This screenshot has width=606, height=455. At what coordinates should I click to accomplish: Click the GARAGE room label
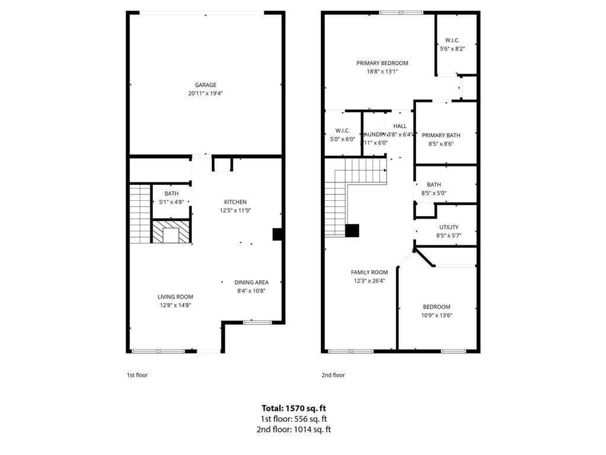205,85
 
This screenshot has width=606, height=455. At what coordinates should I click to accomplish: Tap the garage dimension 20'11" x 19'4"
205,93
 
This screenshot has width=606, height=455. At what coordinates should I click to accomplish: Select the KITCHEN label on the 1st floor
235,202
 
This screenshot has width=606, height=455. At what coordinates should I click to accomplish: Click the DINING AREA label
252,283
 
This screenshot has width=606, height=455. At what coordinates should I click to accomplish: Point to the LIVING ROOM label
175,297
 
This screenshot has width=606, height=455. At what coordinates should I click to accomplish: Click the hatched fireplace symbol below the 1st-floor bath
172,232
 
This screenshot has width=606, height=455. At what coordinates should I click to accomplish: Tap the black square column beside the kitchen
277,234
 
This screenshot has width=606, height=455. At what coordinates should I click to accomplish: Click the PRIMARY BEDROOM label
382,63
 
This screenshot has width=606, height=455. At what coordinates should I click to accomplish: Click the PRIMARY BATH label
441,135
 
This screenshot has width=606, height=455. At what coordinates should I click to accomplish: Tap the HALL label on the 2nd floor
400,126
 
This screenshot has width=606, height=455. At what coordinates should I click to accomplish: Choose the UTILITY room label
449,227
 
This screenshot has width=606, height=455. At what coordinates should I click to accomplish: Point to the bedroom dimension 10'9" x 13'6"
437,315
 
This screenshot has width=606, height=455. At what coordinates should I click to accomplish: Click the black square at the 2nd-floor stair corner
352,230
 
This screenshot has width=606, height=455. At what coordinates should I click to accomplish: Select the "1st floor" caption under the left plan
137,375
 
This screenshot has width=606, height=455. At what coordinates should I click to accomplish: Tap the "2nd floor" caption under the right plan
333,375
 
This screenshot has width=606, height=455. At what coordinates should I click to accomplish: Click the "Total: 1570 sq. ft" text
294,408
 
